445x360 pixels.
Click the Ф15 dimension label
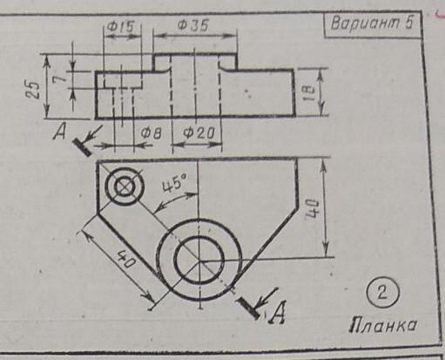pos(120,27)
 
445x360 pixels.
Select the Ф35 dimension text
pos(193,25)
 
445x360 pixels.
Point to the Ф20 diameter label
pos(199,133)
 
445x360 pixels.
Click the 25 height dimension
pos(35,90)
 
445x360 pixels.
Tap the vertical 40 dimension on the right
pos(312,208)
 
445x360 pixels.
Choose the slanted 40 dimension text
pos(125,260)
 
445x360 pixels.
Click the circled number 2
pos(382,293)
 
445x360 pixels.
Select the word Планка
pos(382,325)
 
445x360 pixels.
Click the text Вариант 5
pos(372,24)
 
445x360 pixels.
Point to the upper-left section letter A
pos(59,132)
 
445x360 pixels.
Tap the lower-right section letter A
pos(278,313)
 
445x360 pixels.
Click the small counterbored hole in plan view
pos(125,187)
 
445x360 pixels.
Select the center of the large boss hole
pos(199,260)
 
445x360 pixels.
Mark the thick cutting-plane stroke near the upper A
pos(83,147)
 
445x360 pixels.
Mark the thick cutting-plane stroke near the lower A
pos(248,308)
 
